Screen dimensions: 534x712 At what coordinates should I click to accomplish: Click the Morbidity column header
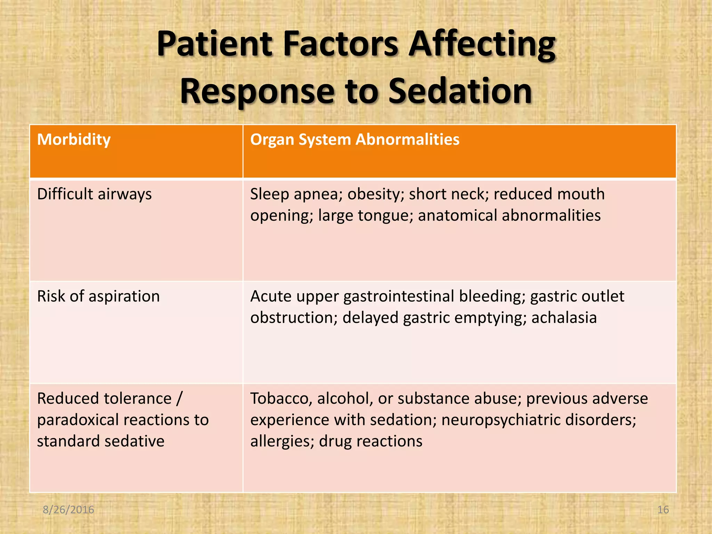coord(74,140)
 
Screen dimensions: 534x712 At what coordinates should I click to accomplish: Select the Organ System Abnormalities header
coord(355,140)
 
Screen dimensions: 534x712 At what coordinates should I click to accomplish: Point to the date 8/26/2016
coord(68,510)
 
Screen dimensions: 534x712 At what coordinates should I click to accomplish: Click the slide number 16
coord(663,510)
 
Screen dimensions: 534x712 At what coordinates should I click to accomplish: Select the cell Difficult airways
coord(94,194)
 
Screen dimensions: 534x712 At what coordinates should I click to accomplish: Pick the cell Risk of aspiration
coord(98,297)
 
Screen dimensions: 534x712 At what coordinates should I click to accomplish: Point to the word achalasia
coord(564,318)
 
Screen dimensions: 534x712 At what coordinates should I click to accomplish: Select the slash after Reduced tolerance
coord(179,398)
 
